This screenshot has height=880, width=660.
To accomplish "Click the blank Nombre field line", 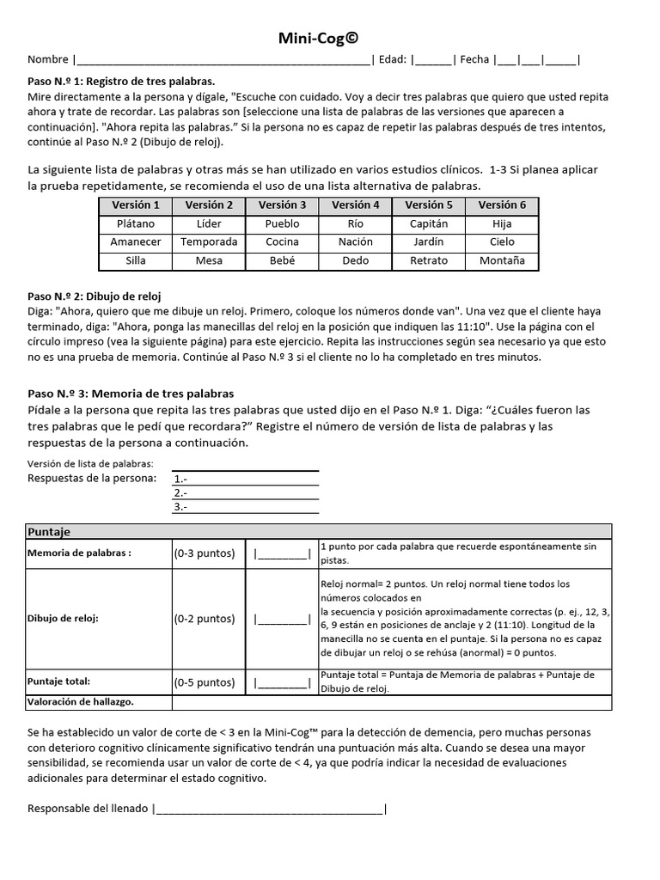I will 223,60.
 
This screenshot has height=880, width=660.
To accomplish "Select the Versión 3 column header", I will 283,205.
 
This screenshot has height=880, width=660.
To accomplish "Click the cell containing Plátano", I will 136,223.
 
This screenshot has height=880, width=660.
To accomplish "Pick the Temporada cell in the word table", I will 209,242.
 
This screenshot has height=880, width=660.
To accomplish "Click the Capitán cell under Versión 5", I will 429,223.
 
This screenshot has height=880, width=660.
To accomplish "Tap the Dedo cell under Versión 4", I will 356,261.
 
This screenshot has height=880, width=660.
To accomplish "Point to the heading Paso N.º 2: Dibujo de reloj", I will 95,296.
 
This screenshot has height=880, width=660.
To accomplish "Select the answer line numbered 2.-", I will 245,493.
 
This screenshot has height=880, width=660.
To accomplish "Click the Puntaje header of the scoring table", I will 49,532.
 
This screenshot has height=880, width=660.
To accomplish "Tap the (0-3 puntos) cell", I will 205,553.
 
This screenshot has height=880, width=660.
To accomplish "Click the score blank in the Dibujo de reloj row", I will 281,618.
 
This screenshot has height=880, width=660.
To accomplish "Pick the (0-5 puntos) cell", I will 205,683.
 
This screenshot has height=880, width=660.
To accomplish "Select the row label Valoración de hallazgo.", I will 82,702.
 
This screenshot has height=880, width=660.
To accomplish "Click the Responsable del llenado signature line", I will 269,809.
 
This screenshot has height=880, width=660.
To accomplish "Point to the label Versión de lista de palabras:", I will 90,464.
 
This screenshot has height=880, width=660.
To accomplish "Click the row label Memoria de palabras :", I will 80,553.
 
